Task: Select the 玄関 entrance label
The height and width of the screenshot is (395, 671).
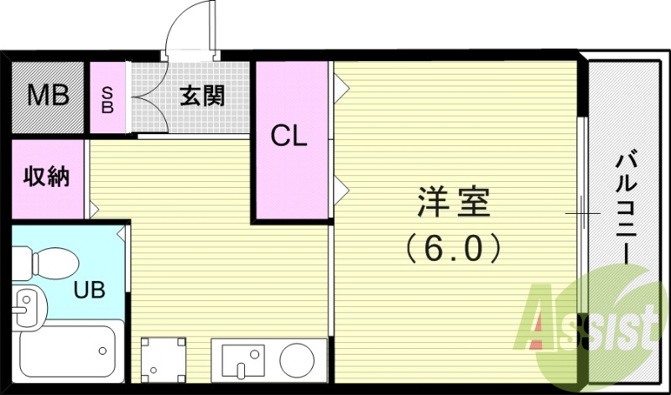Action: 202,96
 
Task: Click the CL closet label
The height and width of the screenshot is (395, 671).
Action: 289,135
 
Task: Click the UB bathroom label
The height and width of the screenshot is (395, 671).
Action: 89,290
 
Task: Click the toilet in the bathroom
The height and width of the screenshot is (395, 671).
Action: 50,262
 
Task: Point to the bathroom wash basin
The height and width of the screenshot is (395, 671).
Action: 28,306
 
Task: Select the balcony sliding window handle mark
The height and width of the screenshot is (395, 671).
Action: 582,214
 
